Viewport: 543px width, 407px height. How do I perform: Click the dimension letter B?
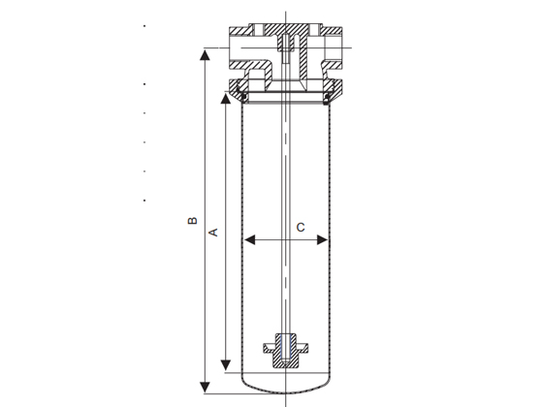[192, 221]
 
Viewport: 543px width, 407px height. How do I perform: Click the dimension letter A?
[213, 232]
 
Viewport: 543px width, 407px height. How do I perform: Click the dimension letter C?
[301, 228]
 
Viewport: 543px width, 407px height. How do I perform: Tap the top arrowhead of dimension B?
[205, 55]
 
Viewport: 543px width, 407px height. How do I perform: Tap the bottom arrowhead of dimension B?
[205, 387]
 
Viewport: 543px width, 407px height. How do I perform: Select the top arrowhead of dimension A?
[225, 99]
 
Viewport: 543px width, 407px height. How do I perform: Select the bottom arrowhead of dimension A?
[225, 364]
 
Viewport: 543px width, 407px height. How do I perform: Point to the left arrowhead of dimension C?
[250, 239]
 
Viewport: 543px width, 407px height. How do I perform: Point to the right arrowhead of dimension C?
[322, 239]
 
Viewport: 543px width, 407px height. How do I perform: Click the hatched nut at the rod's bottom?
[286, 350]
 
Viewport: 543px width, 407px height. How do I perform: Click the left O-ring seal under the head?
[244, 97]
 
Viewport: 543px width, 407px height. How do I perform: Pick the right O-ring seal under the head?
[327, 99]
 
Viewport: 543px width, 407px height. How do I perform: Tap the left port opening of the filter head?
[236, 47]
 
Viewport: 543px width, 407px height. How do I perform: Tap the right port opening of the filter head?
[334, 47]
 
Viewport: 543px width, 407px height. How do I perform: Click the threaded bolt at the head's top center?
[286, 48]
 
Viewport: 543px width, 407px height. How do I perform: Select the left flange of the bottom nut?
[270, 348]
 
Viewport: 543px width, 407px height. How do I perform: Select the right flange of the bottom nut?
[302, 348]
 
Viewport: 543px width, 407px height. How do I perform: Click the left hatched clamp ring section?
[239, 86]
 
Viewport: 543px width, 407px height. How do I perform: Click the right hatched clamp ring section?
[334, 87]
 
